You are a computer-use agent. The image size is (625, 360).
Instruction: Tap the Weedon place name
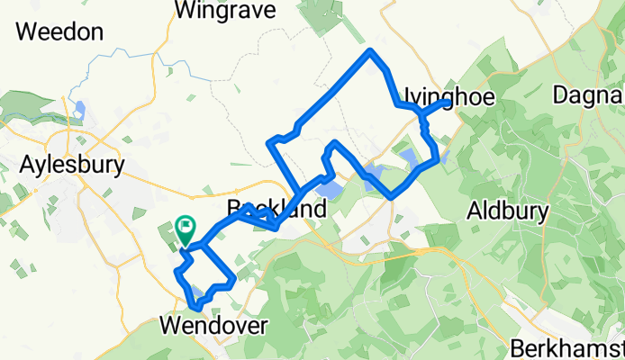[x=59, y=32]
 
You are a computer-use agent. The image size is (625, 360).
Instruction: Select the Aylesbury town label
[x=71, y=166]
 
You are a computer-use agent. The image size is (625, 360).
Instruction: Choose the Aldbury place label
[x=509, y=211]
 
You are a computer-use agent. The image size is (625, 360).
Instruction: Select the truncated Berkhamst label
[x=566, y=347]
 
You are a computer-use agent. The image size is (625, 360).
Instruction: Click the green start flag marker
[x=186, y=227]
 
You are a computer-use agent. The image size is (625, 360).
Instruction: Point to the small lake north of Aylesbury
[x=80, y=111]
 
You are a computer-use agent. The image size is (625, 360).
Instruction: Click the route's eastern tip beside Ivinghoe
[x=447, y=102]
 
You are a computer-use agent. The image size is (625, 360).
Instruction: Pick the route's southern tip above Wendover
[x=195, y=312]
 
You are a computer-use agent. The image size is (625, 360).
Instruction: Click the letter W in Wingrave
[x=187, y=11]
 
